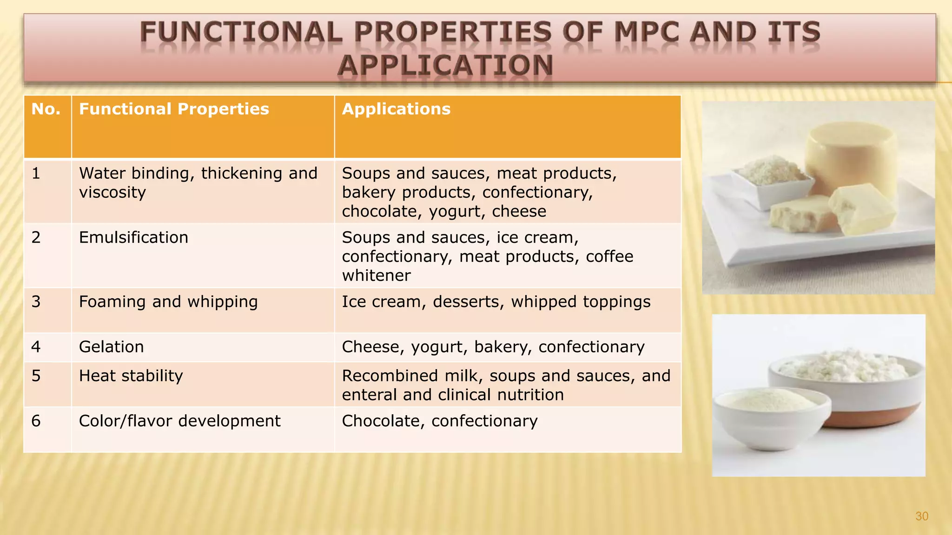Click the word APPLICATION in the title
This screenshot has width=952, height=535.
(x=445, y=65)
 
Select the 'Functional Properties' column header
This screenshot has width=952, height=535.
(x=174, y=109)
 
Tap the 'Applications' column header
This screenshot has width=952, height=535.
(x=396, y=109)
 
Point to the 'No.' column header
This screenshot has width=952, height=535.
(x=46, y=109)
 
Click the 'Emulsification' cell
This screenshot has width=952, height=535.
(x=133, y=237)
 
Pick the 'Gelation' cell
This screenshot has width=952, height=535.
(x=112, y=347)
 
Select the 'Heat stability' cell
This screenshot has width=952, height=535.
(x=131, y=376)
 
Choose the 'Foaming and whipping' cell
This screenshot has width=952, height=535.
(x=168, y=302)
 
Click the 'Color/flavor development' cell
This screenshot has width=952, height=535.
(x=179, y=421)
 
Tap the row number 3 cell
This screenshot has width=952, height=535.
(x=36, y=302)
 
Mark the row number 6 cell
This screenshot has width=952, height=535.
(x=36, y=421)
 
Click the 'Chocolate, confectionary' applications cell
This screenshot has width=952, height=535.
(x=440, y=421)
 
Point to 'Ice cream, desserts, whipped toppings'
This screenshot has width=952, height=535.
(x=496, y=302)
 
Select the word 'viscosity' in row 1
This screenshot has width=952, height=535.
(x=112, y=192)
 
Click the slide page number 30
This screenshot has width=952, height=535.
(x=921, y=516)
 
